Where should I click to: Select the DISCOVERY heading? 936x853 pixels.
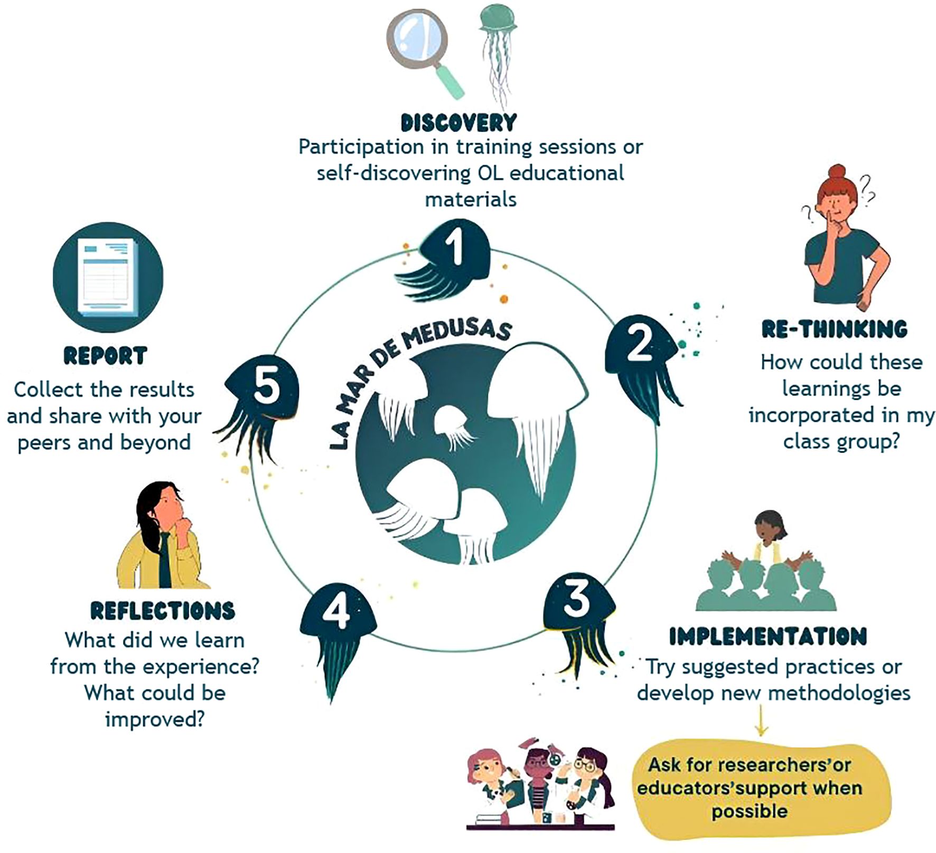point(458,122)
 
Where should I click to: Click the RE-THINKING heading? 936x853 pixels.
point(834,329)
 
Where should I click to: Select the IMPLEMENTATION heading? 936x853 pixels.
point(768,636)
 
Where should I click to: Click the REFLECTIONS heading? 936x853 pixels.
point(163,611)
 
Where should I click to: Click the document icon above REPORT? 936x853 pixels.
point(108,277)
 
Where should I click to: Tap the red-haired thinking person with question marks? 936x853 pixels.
point(840,238)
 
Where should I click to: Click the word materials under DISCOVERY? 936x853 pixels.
point(471,200)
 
